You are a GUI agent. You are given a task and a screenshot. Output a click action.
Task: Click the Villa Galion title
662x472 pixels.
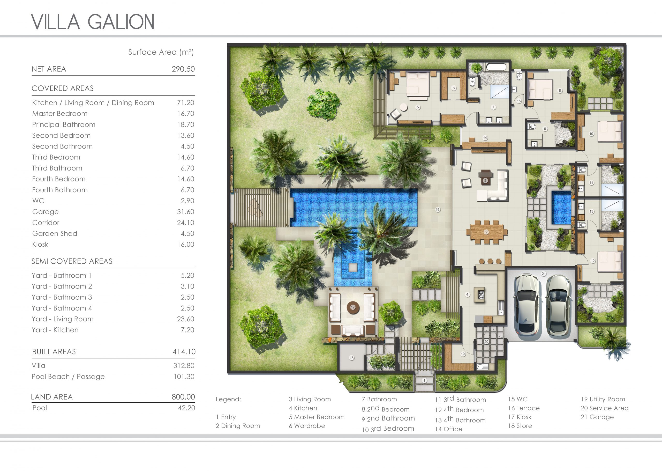pyautogui.click(x=93, y=21)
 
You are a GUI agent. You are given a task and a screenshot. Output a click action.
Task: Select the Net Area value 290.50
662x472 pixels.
pyautogui.click(x=183, y=69)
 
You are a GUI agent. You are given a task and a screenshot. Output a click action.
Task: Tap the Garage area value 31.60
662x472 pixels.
pyautogui.click(x=185, y=212)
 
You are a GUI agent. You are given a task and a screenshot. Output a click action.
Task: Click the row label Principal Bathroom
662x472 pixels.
pyautogui.click(x=64, y=124)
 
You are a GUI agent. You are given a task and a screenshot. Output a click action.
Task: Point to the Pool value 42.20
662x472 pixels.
pyautogui.click(x=186, y=408)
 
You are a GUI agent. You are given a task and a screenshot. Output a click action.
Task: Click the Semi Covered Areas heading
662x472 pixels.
pyautogui.click(x=72, y=261)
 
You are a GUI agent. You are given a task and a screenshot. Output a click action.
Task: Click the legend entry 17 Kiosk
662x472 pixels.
pyautogui.click(x=520, y=417)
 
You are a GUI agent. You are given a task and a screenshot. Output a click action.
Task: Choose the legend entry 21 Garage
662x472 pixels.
pyautogui.click(x=597, y=417)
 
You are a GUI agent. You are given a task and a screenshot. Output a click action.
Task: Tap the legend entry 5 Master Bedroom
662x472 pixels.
pyautogui.click(x=317, y=417)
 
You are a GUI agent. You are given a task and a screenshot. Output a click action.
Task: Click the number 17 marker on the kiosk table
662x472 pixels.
pyautogui.click(x=353, y=307)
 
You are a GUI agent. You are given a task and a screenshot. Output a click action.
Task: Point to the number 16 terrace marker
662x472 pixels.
pyautogui.click(x=438, y=210)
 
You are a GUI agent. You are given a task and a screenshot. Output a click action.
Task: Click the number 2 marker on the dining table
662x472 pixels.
pyautogui.click(x=486, y=232)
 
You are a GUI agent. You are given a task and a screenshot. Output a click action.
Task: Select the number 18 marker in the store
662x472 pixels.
pyautogui.click(x=352, y=358)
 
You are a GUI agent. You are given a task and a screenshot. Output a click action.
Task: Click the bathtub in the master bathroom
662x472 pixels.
pyautogui.click(x=496, y=67)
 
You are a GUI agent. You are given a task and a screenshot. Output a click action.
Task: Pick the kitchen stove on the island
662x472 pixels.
pyautogui.click(x=481, y=295)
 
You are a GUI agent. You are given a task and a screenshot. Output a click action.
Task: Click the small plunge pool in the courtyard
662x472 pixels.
pyautogui.click(x=561, y=207)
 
